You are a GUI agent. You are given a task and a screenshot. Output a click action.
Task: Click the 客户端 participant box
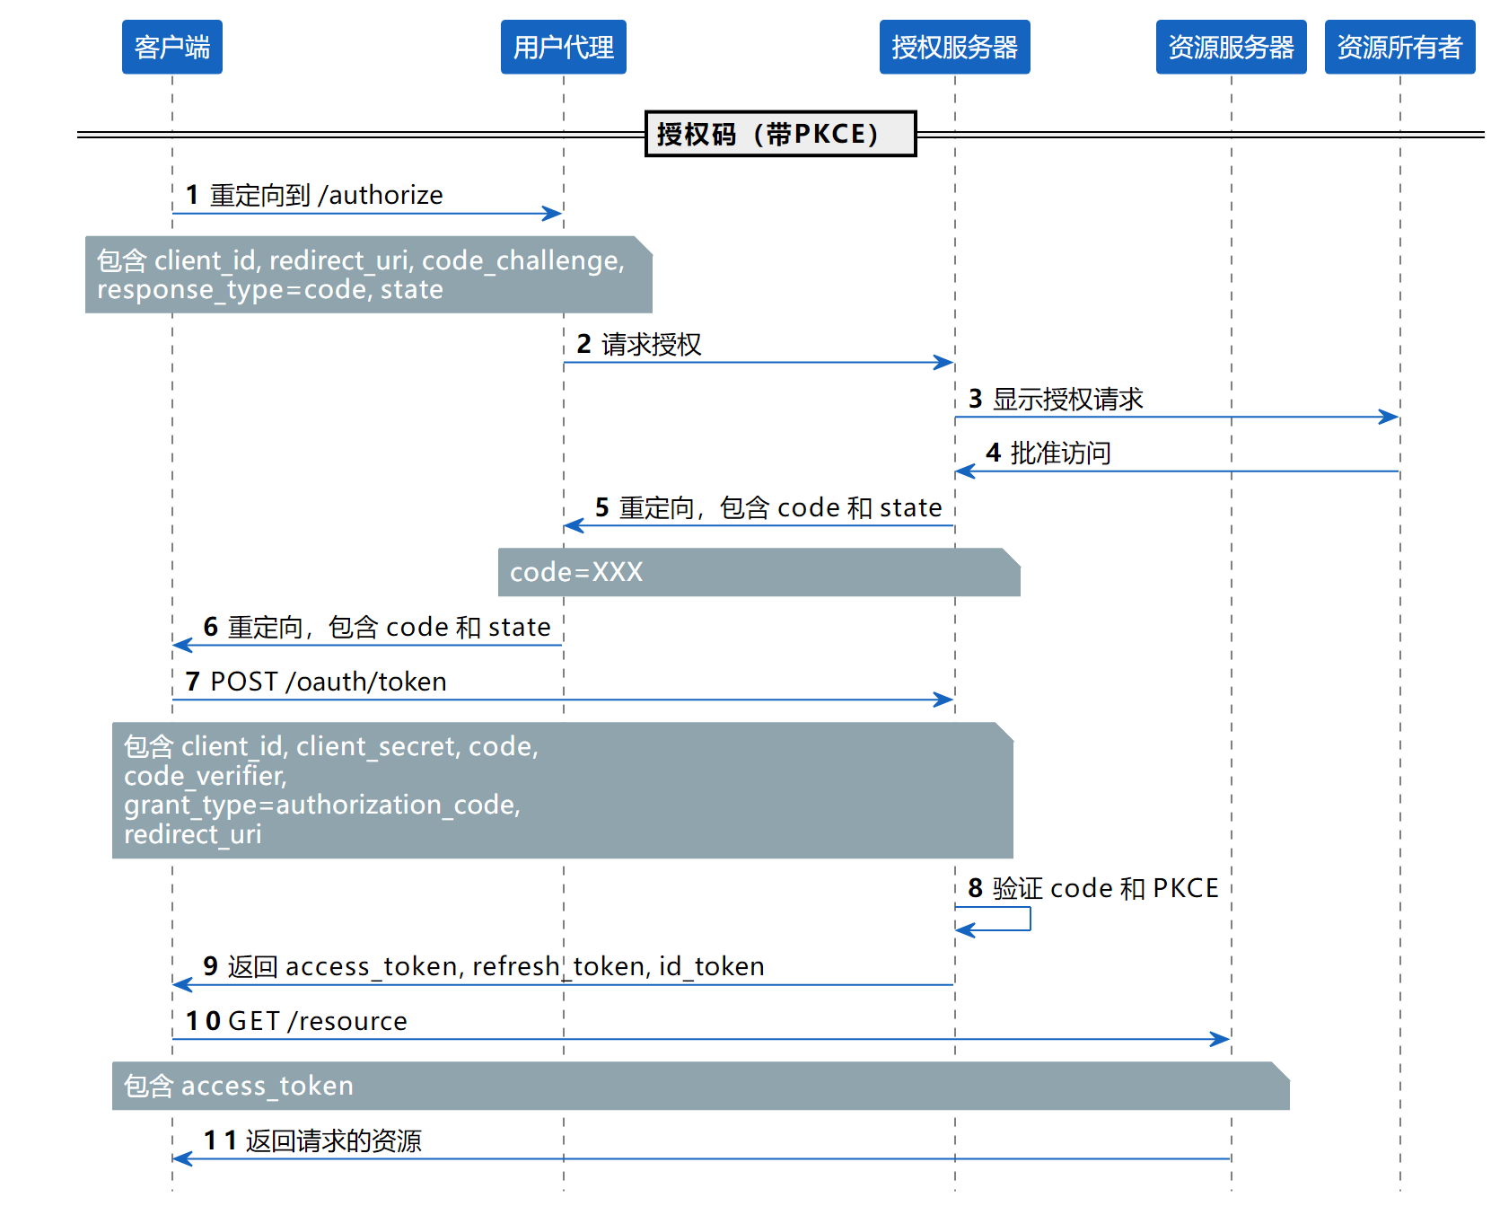(171, 47)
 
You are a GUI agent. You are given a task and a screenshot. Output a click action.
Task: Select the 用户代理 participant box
(563, 47)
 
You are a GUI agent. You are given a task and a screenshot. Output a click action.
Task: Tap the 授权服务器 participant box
(954, 47)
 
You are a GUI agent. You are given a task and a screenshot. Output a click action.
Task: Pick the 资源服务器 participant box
(1231, 47)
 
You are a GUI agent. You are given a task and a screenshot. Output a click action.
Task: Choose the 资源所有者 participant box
(1399, 47)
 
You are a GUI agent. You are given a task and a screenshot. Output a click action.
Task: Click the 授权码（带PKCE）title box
(780, 134)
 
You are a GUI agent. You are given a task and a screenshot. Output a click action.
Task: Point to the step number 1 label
(192, 195)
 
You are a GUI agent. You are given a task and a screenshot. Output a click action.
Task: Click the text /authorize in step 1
(381, 195)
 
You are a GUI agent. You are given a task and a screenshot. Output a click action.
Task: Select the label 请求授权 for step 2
(652, 344)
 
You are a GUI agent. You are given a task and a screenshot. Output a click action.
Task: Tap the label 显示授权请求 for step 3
(1068, 399)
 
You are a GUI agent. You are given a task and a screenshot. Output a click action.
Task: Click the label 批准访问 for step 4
(1061, 453)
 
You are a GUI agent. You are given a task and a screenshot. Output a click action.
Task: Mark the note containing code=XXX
(759, 572)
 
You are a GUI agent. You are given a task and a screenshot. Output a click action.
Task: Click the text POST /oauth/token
(329, 682)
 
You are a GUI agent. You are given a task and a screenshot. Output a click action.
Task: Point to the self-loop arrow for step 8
(1030, 919)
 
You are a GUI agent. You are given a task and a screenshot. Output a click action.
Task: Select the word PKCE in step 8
(1186, 888)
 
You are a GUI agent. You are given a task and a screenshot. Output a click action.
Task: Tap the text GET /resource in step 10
(318, 1021)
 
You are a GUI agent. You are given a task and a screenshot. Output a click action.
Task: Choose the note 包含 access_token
(701, 1086)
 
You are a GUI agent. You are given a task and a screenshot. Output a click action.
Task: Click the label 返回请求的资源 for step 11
(334, 1140)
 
